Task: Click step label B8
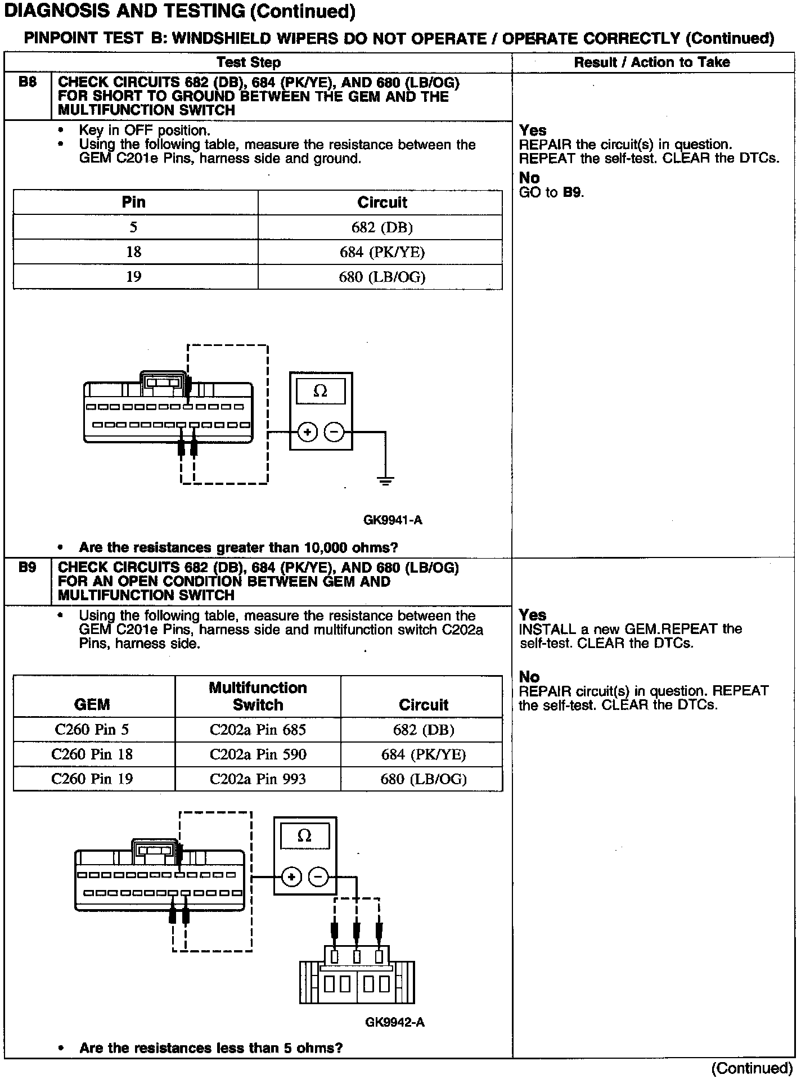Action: pyautogui.click(x=27, y=82)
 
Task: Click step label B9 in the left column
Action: pyautogui.click(x=27, y=567)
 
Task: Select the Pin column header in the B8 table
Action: pyautogui.click(x=133, y=202)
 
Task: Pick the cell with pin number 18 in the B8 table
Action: pyautogui.click(x=133, y=252)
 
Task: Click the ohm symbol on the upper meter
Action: pyautogui.click(x=320, y=391)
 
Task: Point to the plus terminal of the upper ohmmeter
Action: pyautogui.click(x=307, y=433)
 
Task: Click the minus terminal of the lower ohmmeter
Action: pyautogui.click(x=318, y=877)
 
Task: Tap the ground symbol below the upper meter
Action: pyautogui.click(x=385, y=480)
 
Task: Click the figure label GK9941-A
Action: pyautogui.click(x=393, y=520)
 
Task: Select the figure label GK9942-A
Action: pyautogui.click(x=394, y=1022)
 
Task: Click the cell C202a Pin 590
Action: pyautogui.click(x=258, y=754)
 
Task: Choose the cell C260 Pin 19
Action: pyautogui.click(x=92, y=779)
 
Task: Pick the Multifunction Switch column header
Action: pyautogui.click(x=258, y=696)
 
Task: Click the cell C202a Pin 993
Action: pyautogui.click(x=258, y=779)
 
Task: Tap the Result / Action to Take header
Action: pyautogui.click(x=652, y=62)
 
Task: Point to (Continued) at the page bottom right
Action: pyautogui.click(x=751, y=1068)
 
